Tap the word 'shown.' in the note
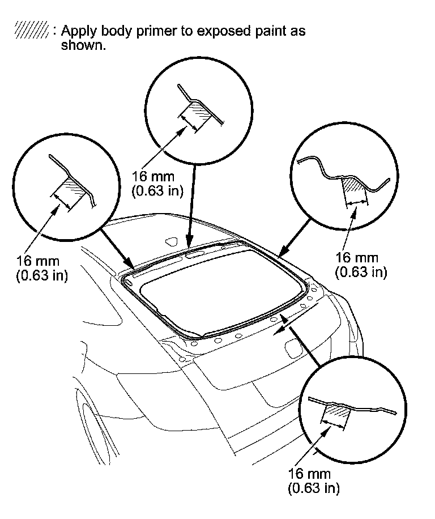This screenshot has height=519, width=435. [83, 45]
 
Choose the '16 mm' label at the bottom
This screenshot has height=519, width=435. [309, 474]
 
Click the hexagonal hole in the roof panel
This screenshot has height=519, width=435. [169, 241]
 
